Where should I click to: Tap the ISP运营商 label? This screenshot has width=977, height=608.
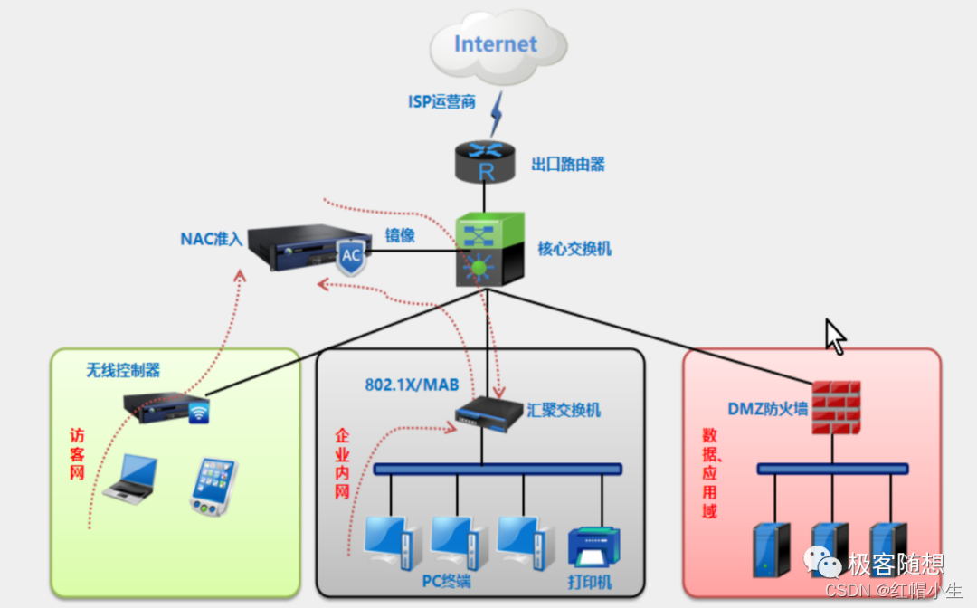(441, 102)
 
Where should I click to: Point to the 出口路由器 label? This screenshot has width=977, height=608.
(568, 165)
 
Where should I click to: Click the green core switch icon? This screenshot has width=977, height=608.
(489, 248)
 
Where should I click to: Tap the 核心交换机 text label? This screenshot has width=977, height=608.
(574, 248)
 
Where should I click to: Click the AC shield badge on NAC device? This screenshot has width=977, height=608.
(351, 257)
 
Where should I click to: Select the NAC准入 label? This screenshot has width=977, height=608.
(212, 240)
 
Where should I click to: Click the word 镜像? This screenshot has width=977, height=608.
(400, 235)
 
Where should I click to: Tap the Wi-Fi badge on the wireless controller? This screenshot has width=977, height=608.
(199, 413)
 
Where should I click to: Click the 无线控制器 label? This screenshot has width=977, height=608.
(123, 370)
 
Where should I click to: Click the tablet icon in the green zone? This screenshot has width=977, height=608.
(213, 487)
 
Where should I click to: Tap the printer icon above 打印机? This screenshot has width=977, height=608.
(593, 546)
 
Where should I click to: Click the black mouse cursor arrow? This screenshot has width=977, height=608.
(834, 337)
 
